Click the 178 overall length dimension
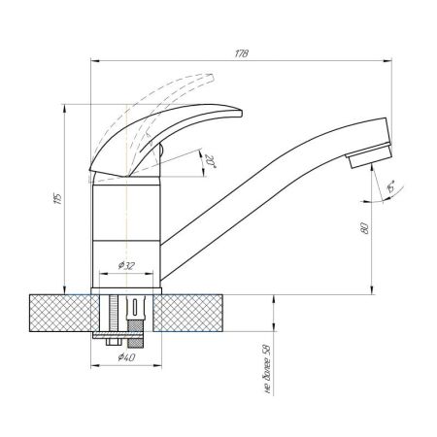242,54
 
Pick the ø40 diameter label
125,358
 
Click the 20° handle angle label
210,161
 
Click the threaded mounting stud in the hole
115,313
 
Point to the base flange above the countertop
126,288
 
